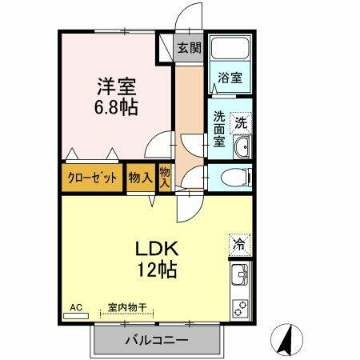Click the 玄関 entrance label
tap(189, 47)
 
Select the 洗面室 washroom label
tap(218, 130)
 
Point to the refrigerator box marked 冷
tap(238, 243)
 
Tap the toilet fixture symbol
tap(231, 177)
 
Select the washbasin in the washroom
tap(241, 149)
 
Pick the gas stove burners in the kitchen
tap(239, 306)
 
